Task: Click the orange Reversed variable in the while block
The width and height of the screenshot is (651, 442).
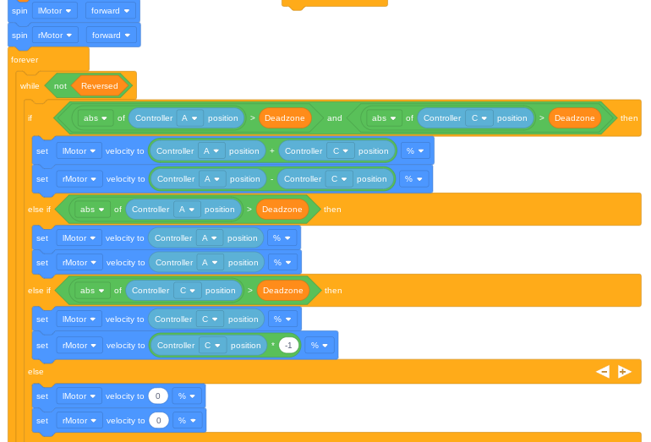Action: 100,86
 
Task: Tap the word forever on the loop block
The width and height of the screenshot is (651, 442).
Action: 25,60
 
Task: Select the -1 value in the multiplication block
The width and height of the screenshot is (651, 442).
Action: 288,346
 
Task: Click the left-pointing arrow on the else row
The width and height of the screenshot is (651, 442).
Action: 603,372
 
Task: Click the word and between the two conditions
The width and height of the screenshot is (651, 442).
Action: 334,118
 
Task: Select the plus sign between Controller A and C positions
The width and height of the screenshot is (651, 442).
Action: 272,151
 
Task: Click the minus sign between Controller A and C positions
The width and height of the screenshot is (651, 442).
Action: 271,179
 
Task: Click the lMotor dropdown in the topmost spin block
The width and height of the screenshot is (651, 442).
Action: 54,11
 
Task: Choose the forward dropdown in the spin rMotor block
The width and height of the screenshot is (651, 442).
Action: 111,35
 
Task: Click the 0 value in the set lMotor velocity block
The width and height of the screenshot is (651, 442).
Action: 158,396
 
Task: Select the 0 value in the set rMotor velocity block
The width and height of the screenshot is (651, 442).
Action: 159,420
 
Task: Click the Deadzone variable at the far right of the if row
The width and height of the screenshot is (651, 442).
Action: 575,118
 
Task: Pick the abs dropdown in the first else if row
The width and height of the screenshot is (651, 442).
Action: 92,210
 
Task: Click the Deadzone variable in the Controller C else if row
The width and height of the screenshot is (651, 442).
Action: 282,291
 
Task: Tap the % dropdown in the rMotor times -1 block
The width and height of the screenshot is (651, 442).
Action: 320,346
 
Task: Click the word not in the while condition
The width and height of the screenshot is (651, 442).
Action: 60,86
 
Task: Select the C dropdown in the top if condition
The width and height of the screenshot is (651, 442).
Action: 479,118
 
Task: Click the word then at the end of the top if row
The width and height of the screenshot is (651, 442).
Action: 629,118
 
